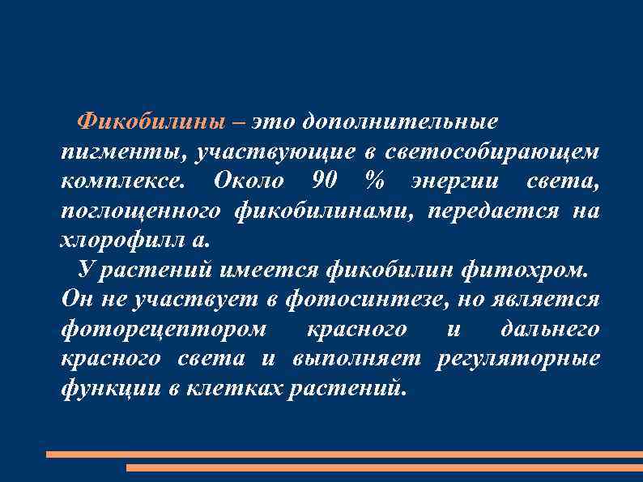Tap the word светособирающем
pos(492,151)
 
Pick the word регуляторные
pos(518,358)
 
